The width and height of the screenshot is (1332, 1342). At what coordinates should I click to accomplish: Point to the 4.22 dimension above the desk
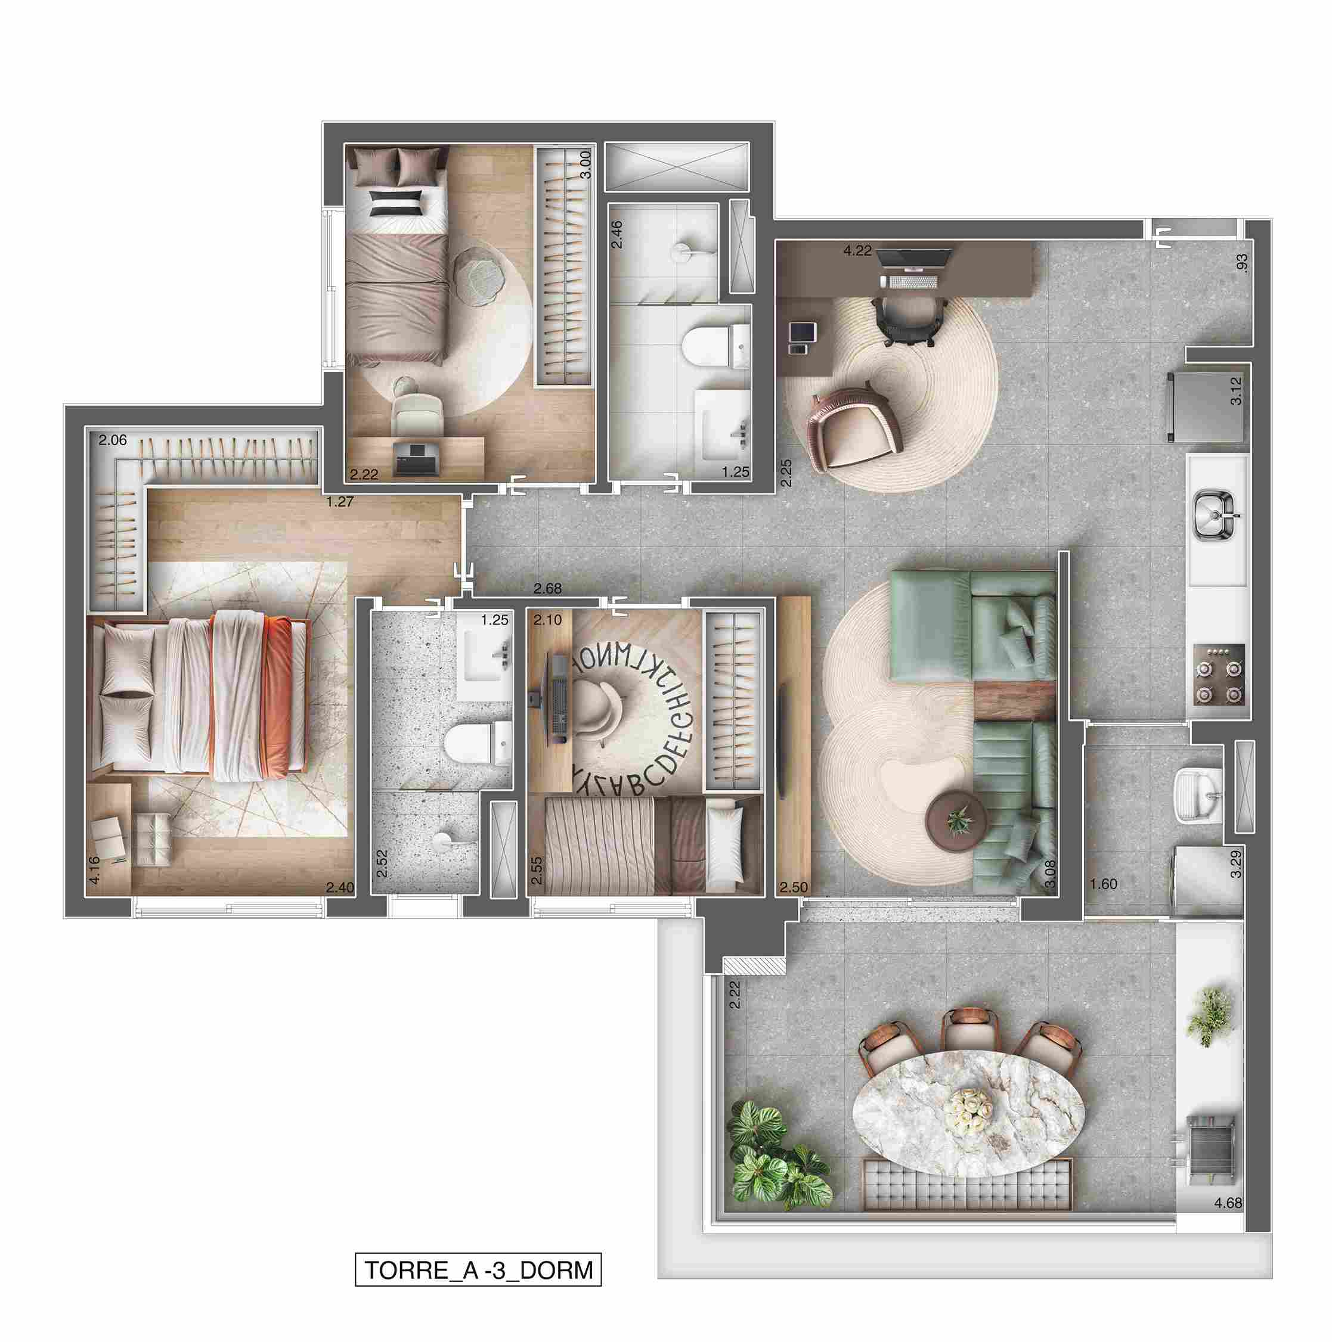pos(857,251)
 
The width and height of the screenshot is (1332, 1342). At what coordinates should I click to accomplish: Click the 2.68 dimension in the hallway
pos(547,589)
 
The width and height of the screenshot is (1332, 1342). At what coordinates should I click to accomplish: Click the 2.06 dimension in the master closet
pos(113,440)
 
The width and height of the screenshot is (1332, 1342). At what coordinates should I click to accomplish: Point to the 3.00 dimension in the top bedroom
pos(586,164)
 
